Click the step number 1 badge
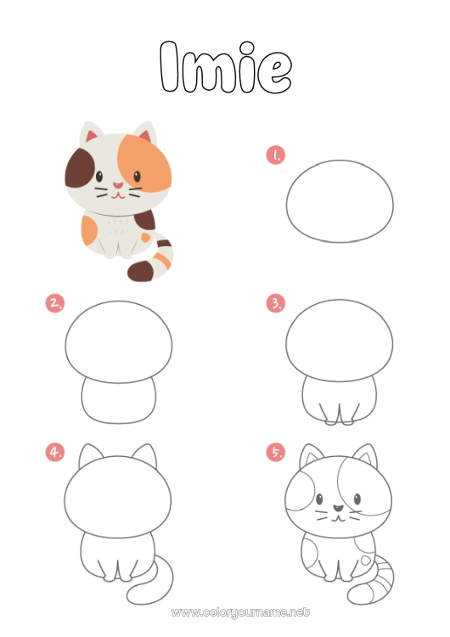tap(276, 155)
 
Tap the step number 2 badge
tap(55, 303)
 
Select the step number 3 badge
tap(276, 303)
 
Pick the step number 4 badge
tap(55, 452)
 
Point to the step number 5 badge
tap(276, 452)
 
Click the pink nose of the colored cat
tap(117, 186)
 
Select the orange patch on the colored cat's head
tap(145, 162)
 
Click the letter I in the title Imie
tap(169, 65)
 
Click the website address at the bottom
tap(240, 612)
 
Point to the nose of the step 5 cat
tap(338, 508)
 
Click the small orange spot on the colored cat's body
tap(145, 237)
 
